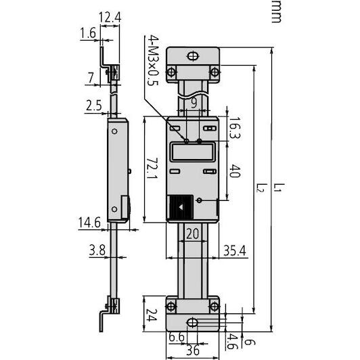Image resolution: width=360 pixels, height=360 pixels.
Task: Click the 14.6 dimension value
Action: point(90,222)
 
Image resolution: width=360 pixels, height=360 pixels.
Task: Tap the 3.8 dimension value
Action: point(96,251)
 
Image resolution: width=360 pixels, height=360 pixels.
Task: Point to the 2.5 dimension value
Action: point(94,106)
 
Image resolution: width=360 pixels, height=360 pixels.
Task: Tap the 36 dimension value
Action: point(192,351)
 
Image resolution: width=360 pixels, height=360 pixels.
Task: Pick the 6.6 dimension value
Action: point(177,338)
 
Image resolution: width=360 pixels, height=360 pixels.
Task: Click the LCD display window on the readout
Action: point(192,152)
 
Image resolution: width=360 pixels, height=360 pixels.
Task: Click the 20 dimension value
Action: point(192,233)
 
